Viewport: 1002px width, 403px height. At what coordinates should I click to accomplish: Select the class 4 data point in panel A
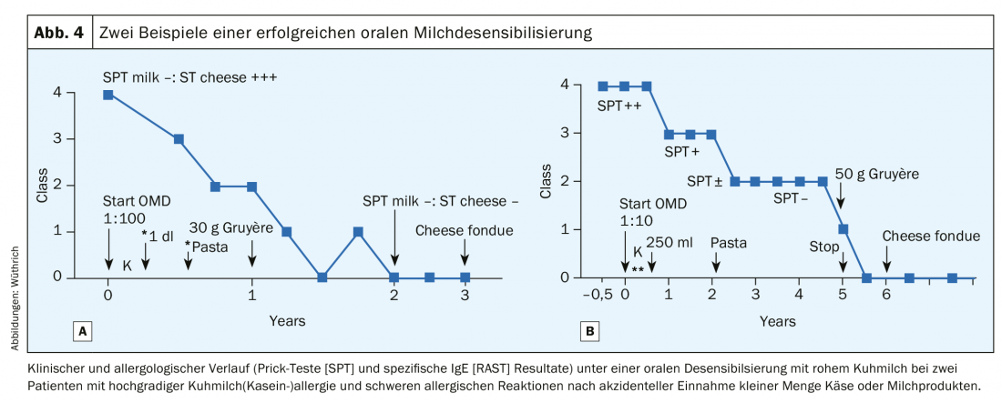click(108, 94)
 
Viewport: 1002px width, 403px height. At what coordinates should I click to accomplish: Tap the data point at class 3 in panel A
click(179, 139)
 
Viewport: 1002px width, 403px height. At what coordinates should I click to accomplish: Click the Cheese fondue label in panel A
click(465, 230)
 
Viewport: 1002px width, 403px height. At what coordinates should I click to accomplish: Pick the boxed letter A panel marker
click(83, 331)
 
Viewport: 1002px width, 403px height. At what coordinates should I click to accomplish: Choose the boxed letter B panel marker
click(590, 331)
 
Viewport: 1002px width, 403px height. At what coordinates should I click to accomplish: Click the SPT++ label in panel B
click(619, 106)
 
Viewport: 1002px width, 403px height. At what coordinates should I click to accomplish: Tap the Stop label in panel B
click(824, 246)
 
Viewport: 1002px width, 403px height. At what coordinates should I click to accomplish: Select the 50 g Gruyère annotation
click(877, 173)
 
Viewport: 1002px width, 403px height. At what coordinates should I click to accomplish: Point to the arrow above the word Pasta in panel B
click(716, 261)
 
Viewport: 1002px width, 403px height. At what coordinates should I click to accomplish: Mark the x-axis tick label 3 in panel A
click(465, 296)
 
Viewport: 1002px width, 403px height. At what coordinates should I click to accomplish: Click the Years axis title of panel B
click(777, 321)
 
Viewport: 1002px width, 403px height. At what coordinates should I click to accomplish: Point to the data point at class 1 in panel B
click(844, 229)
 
